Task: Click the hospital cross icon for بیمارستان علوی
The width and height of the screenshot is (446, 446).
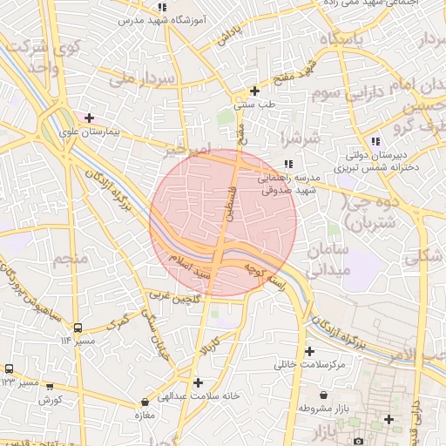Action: click(x=89, y=118)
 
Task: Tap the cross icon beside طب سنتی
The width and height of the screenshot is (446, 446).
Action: click(x=254, y=91)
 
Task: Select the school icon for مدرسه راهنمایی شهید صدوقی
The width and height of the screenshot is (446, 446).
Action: click(x=288, y=164)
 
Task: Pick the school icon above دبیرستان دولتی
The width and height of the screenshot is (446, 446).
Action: click(x=375, y=141)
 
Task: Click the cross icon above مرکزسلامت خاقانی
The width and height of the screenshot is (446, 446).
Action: click(x=309, y=351)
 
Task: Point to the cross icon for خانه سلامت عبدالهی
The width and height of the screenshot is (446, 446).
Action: click(x=199, y=382)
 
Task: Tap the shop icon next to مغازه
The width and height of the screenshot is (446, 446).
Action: click(x=145, y=402)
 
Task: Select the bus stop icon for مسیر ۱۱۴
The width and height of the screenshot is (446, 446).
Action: click(x=78, y=328)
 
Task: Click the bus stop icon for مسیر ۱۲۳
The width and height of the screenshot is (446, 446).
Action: click(x=10, y=369)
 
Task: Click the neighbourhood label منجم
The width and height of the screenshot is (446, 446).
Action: click(x=71, y=260)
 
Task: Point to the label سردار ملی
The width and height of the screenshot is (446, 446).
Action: click(x=145, y=80)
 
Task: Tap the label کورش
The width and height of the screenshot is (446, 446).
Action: click(x=50, y=400)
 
